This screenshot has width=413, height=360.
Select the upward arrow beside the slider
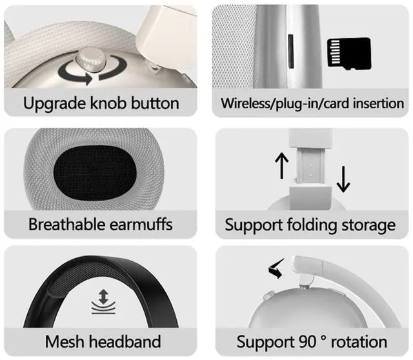point(281,166)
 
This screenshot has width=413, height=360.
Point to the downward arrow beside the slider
point(343,179)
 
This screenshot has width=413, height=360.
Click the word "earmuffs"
point(146,225)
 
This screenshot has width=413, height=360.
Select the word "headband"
point(126,341)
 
